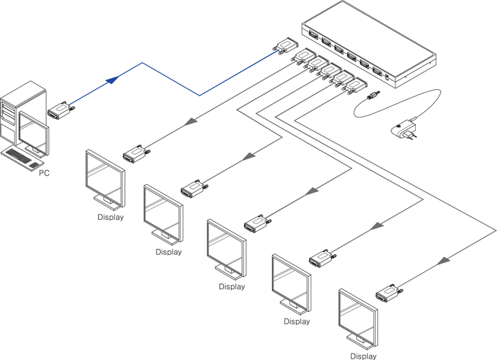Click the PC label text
coord(44,173)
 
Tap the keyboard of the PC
coord(22,158)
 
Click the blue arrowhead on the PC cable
coord(113,80)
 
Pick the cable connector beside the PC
coord(61,110)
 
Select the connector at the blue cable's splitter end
coord(286,45)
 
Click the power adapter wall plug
coord(403,129)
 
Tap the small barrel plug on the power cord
coord(373,95)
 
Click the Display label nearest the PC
coord(110,217)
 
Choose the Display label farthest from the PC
coord(363,356)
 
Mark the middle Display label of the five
coord(232,286)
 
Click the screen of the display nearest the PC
coord(105,178)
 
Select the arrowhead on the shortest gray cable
coord(191,121)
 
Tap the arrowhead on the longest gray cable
coord(444,261)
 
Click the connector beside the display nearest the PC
coord(136,153)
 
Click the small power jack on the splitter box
coord(387,77)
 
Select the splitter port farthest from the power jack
coord(313,35)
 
